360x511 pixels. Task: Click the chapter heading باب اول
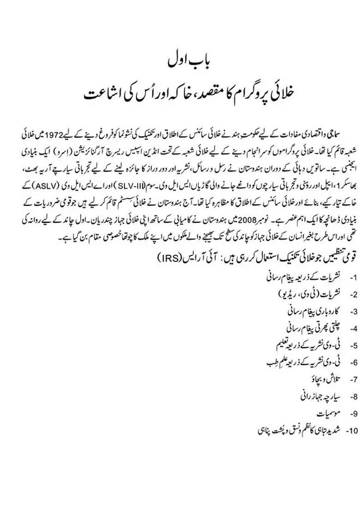coord(180,61)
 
